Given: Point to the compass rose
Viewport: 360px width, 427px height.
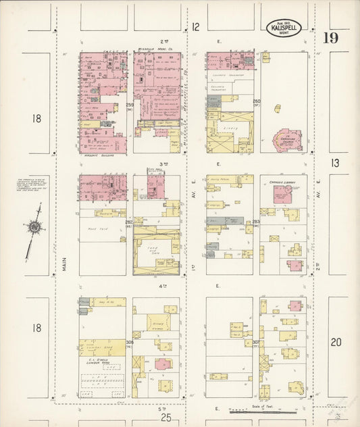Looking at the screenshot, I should (32, 231).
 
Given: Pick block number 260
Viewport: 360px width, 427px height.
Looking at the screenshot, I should (257, 103).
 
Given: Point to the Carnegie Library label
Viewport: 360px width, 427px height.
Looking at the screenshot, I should (282, 181).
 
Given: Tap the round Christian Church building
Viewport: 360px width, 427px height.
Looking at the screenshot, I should (287, 139).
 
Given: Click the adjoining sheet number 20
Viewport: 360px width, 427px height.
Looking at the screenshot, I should (336, 342).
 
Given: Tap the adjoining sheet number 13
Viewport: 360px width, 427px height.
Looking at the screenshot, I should (336, 163).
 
